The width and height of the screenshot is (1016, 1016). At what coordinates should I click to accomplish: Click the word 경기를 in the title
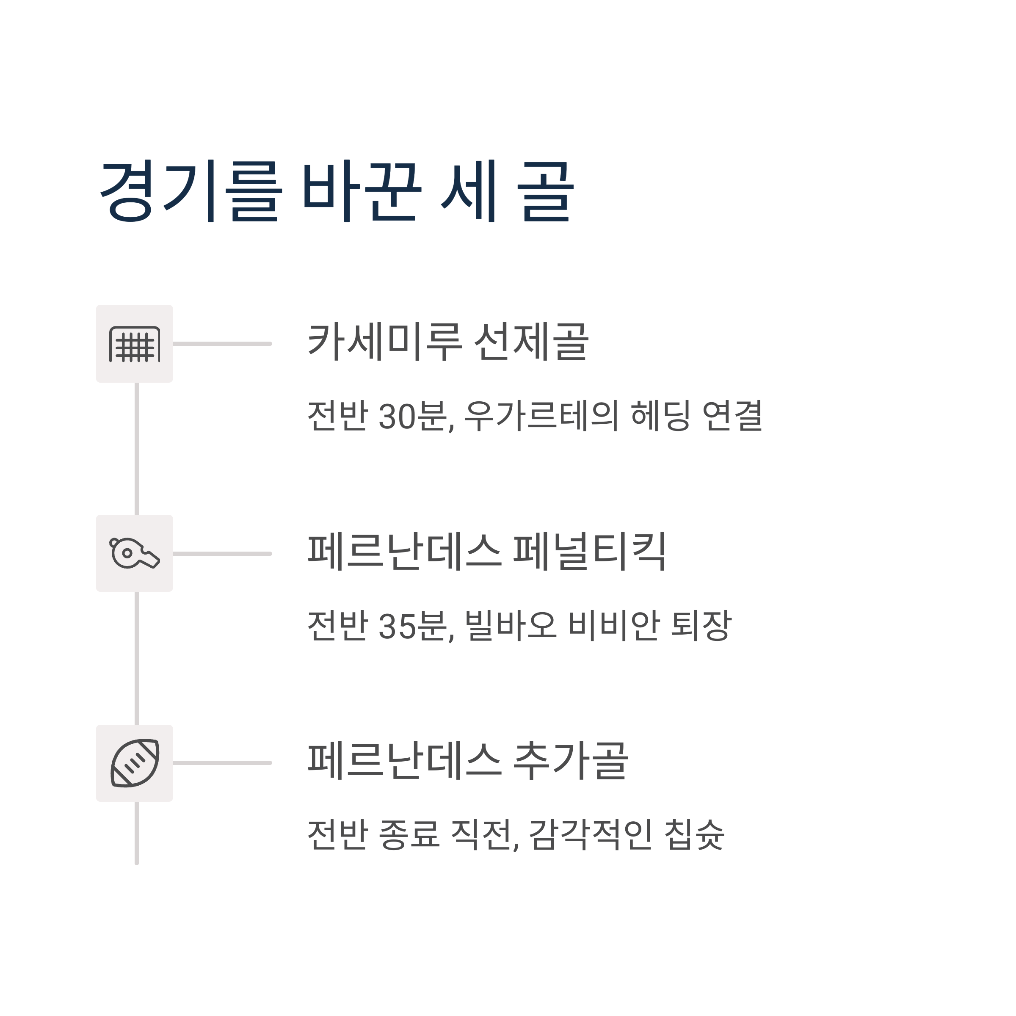191,191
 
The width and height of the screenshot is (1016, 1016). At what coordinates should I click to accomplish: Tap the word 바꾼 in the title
362,191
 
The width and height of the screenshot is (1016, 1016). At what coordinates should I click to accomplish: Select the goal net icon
135,344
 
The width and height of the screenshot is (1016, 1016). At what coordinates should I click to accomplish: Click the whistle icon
135,553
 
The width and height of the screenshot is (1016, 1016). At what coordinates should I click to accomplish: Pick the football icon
135,763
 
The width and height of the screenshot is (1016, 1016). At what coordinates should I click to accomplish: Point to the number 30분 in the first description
417,416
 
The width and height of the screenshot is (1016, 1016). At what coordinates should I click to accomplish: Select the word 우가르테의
541,416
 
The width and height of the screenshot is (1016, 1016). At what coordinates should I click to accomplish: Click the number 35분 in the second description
417,625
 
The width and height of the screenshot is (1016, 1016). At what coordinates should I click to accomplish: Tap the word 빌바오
511,625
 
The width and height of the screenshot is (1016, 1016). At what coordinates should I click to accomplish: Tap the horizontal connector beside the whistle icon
222,553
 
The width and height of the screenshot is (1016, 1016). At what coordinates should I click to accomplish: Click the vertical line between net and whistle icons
137,449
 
